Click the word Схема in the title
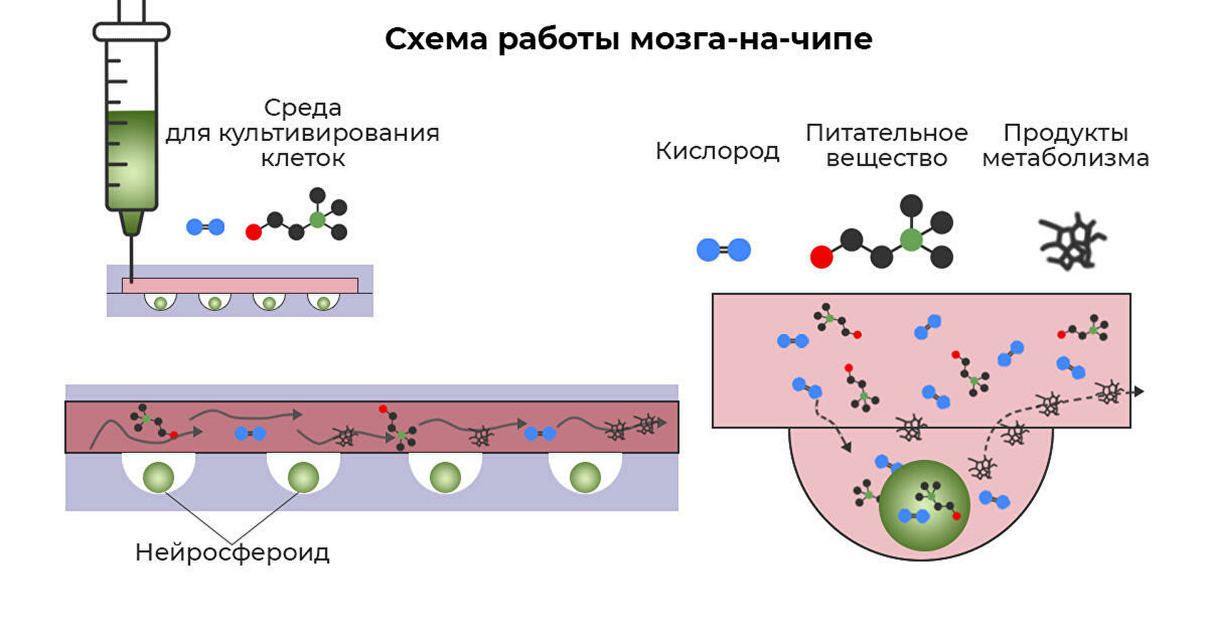(x=436, y=39)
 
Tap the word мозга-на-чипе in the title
(x=751, y=39)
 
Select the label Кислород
(x=717, y=151)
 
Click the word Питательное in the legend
(x=886, y=133)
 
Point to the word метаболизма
(x=1065, y=158)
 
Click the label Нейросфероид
(x=232, y=552)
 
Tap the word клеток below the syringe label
(x=303, y=158)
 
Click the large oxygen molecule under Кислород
(x=724, y=250)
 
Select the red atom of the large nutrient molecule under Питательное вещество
(x=821, y=257)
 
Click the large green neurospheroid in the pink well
(x=924, y=505)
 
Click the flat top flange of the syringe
(x=131, y=31)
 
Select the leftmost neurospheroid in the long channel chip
(x=159, y=478)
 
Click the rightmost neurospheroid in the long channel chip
(x=585, y=478)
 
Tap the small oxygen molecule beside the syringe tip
(x=205, y=227)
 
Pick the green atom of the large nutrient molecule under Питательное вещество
(x=911, y=240)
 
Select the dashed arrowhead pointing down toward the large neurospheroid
(x=847, y=447)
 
